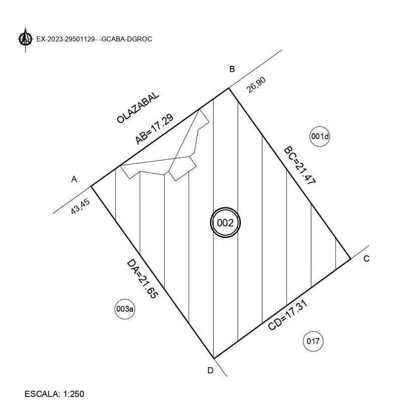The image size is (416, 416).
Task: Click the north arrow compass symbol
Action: [26, 39]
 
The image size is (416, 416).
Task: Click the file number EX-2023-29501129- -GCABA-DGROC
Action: [94, 39]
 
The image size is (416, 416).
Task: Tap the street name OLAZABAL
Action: [138, 108]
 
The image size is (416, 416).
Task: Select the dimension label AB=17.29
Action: [154, 129]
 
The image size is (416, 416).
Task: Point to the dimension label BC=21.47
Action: [300, 166]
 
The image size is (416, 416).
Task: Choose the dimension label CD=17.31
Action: [288, 315]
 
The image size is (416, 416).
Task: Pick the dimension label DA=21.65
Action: [143, 279]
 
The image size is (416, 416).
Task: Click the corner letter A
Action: [74, 179]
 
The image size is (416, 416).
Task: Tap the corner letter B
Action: [232, 69]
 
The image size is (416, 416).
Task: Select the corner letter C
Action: [366, 259]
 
